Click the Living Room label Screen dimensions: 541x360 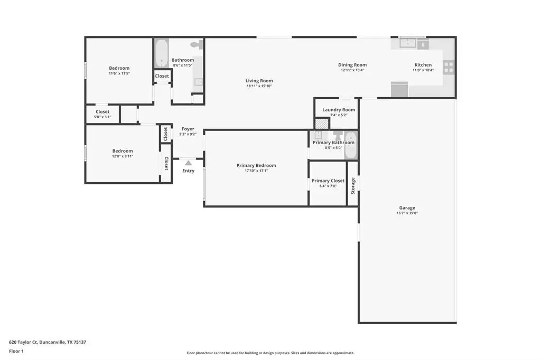click(x=259, y=81)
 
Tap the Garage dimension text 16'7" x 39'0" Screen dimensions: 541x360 click(x=407, y=213)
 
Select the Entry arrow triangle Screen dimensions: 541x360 click(x=189, y=163)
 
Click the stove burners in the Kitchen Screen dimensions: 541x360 click(x=449, y=67)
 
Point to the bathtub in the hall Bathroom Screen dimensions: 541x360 click(x=162, y=53)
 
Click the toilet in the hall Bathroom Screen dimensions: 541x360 click(x=197, y=44)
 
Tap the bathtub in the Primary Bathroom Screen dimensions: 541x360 click(x=351, y=145)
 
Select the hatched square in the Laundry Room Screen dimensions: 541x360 click(x=322, y=124)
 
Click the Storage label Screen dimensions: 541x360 click(x=353, y=186)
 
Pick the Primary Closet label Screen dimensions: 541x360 click(x=328, y=181)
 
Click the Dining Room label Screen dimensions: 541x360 click(x=352, y=65)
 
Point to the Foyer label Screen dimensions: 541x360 click(x=188, y=129)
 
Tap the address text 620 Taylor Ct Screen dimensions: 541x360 click(x=23, y=343)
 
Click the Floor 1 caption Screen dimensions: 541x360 click(x=16, y=352)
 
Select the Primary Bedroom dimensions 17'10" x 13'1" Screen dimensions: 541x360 click(x=256, y=170)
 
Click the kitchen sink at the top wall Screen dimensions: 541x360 click(x=408, y=43)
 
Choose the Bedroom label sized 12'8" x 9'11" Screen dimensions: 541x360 click(x=123, y=151)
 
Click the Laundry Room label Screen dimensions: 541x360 click(x=339, y=110)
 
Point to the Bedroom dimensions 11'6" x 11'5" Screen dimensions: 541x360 click(x=119, y=73)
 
